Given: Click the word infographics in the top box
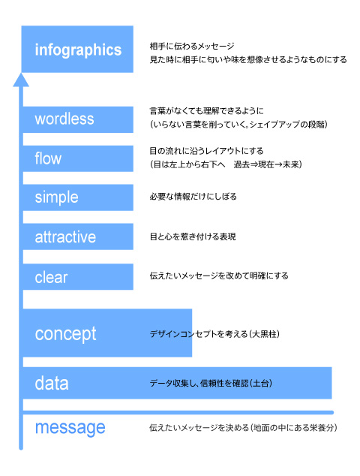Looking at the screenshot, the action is (x=78, y=50).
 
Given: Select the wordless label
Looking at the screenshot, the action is (x=64, y=119).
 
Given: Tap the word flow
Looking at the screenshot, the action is (x=48, y=158).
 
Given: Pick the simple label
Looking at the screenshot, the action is (x=56, y=197).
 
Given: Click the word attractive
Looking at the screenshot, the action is (x=65, y=236).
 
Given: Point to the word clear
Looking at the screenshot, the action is (x=51, y=277).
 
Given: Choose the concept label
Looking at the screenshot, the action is (x=65, y=334).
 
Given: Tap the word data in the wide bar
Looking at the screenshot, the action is (x=52, y=383).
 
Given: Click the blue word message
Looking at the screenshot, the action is (x=70, y=428).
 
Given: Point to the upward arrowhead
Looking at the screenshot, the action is (x=21, y=80).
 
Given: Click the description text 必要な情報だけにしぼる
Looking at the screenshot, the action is (x=193, y=197).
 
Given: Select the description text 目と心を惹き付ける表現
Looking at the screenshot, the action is (x=193, y=236).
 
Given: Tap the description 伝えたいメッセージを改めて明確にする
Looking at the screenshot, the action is (x=219, y=276).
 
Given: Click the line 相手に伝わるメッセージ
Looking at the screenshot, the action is (x=192, y=46).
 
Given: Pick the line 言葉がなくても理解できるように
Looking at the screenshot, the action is (x=206, y=111).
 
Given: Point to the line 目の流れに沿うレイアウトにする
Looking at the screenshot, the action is (x=206, y=151).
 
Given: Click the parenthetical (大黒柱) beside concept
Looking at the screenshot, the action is (x=265, y=334).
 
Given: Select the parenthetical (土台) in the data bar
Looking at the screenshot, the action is (x=261, y=384).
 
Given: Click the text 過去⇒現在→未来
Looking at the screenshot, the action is (x=266, y=164).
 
